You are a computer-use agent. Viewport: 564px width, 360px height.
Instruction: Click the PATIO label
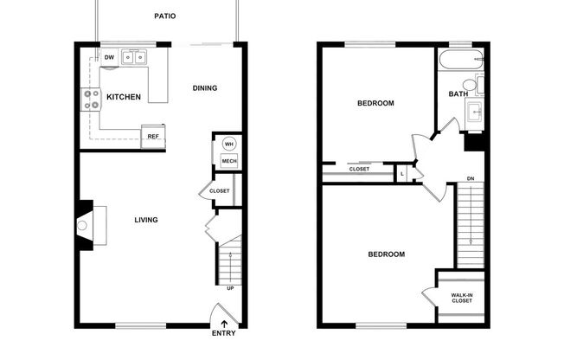tap(166, 16)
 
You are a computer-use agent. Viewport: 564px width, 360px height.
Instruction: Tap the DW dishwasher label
tap(109, 58)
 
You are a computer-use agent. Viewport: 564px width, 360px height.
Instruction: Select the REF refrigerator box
tap(153, 136)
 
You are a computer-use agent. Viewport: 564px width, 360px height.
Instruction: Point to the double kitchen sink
tap(134, 58)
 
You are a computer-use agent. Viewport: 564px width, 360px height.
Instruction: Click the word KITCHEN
tap(124, 97)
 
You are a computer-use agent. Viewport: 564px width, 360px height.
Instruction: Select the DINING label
tap(205, 87)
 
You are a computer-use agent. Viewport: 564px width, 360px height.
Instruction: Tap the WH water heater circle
tap(229, 144)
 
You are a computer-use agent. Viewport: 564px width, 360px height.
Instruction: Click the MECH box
tap(229, 161)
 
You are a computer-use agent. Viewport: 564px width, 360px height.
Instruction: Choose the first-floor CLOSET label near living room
tap(220, 191)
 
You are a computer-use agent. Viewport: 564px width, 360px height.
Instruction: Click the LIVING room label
tap(145, 220)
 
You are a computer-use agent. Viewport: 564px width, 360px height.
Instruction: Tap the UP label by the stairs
tap(229, 287)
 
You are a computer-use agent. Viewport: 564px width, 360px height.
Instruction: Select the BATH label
tap(458, 93)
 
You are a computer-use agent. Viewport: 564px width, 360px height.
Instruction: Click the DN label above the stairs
tap(470, 179)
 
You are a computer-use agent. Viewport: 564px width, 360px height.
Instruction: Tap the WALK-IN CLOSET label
tap(462, 298)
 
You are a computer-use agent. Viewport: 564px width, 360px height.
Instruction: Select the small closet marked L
tap(402, 174)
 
